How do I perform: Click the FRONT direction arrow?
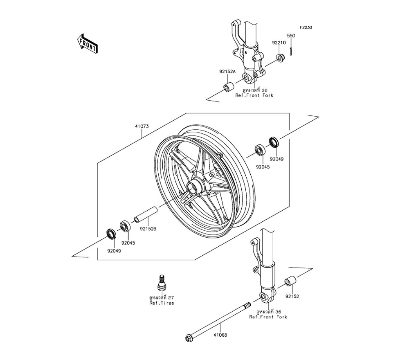click(x=88, y=43)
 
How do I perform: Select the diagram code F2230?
click(x=306, y=27)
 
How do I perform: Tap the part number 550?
click(x=291, y=36)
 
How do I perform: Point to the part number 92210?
click(x=279, y=43)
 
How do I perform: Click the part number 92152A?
click(x=227, y=71)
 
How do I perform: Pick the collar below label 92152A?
click(x=229, y=87)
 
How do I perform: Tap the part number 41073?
click(x=142, y=126)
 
